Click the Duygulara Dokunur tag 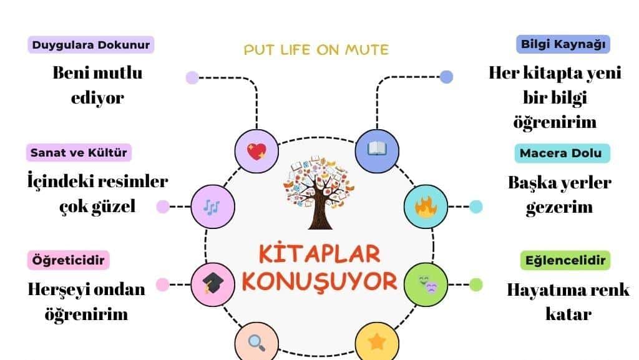(x=91, y=44)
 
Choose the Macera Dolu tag (x=562, y=153)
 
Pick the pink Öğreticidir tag (x=68, y=260)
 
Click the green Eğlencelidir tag (x=565, y=260)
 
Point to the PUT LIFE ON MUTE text (x=316, y=49)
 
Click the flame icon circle (x=426, y=207)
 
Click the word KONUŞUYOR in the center (x=319, y=281)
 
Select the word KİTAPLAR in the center (x=319, y=255)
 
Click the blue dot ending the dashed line (x=446, y=77)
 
